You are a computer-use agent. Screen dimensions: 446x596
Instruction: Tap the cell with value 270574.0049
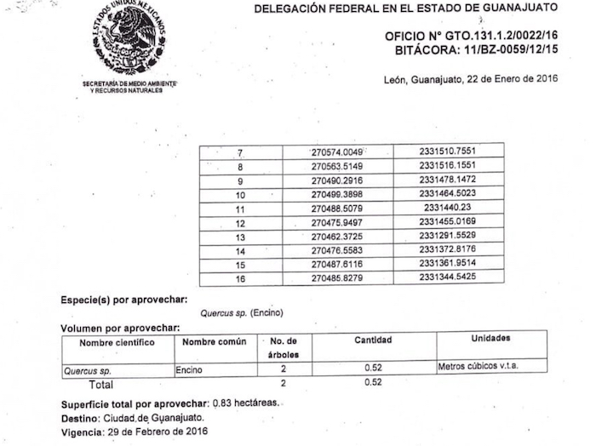[337, 152]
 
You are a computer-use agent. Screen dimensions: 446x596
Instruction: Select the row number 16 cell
[241, 278]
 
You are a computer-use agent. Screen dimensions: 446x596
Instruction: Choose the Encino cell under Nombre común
[189, 370]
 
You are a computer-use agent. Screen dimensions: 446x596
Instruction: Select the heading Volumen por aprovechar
[120, 328]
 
